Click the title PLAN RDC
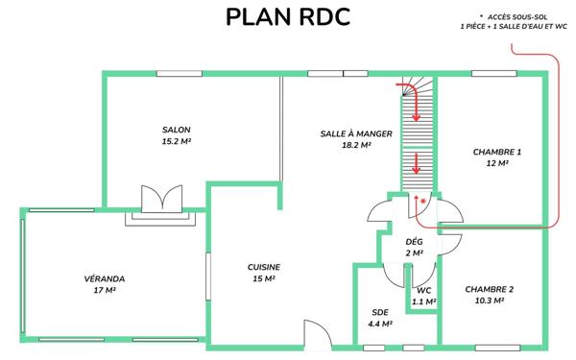click(x=287, y=18)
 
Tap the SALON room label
click(x=176, y=130)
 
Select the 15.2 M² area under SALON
click(x=176, y=141)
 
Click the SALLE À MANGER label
click(x=355, y=134)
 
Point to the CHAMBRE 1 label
click(x=496, y=152)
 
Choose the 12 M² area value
click(x=496, y=163)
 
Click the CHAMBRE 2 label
click(x=490, y=289)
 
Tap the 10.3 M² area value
click(x=490, y=300)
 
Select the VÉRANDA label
click(x=105, y=278)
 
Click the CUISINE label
click(x=263, y=268)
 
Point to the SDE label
click(x=380, y=313)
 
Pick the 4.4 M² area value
click(x=380, y=324)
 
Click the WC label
click(x=424, y=289)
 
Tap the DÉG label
click(x=415, y=241)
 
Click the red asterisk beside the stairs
click(x=422, y=201)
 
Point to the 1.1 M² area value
click(x=424, y=300)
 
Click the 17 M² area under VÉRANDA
click(x=105, y=290)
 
